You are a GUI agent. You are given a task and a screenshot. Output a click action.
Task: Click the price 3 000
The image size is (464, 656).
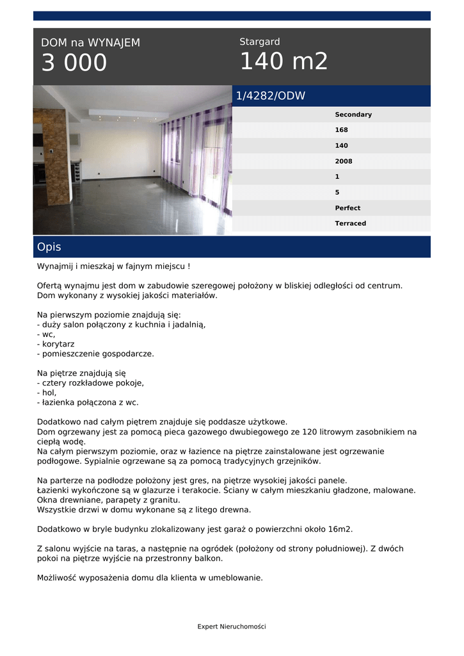point(74,63)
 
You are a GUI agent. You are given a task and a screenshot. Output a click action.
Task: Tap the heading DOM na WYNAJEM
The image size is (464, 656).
point(90,43)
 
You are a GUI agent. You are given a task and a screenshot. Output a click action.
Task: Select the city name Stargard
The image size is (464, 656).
point(259,42)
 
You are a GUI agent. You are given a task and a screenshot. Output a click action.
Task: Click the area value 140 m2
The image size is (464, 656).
point(284,61)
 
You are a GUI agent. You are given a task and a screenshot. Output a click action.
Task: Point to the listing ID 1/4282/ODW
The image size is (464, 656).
point(271,96)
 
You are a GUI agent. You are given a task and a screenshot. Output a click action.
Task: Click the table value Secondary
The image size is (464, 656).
point(353,115)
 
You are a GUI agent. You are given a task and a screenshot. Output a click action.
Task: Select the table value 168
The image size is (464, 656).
point(341,130)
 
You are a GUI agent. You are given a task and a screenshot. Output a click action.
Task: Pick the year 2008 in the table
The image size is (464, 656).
point(343,161)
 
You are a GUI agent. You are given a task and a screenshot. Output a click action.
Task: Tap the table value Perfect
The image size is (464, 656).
point(348,208)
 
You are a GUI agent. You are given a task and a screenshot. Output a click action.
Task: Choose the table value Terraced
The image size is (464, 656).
point(350,224)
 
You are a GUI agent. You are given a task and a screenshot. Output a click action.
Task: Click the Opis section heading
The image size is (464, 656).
point(49,247)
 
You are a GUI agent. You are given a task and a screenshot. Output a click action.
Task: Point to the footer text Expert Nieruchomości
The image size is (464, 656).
point(232,627)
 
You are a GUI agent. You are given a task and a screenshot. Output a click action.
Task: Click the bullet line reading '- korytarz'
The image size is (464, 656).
point(56,344)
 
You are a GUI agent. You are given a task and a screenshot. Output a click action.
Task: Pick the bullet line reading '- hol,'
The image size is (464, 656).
point(47,393)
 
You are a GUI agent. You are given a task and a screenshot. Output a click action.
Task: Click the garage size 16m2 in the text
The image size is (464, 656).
point(339,529)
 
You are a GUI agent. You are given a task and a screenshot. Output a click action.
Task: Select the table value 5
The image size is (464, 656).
point(337,192)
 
